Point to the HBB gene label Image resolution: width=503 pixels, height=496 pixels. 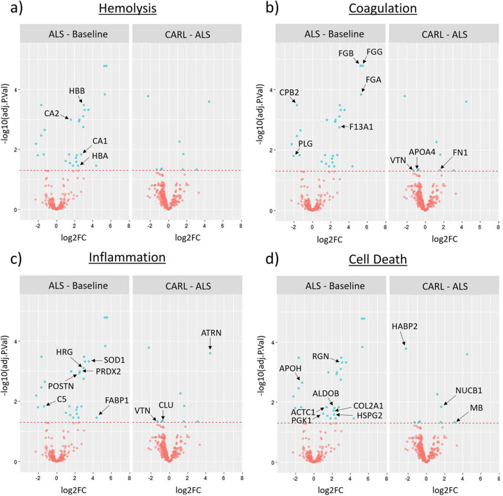pos(77,91)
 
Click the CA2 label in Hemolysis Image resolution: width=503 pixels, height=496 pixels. pos(52,114)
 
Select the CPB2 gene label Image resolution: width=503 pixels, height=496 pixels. pos(289,92)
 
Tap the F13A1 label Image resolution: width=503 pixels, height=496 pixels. pos(362,127)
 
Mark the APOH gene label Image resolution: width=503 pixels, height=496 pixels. pos(289,368)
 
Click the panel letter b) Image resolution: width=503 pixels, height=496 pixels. pos(265,10)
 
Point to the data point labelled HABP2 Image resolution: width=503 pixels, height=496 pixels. pos(405,348)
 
